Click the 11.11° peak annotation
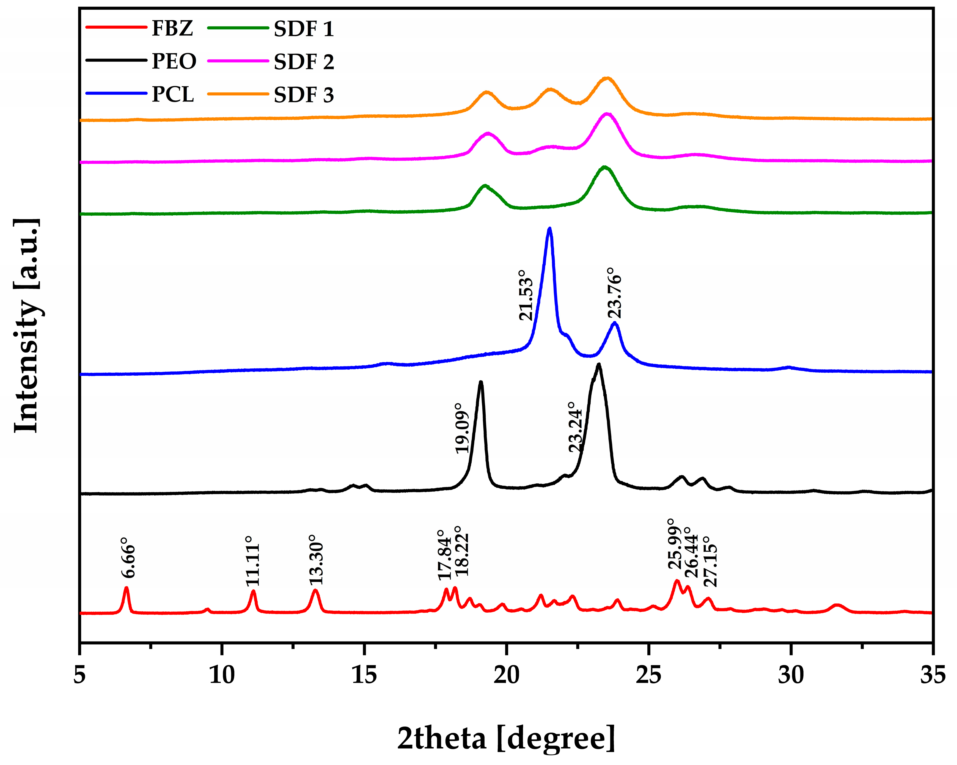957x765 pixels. tap(252, 561)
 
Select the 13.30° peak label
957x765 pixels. tap(316, 560)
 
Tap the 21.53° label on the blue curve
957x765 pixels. tap(526, 295)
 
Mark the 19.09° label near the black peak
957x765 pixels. tap(462, 428)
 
